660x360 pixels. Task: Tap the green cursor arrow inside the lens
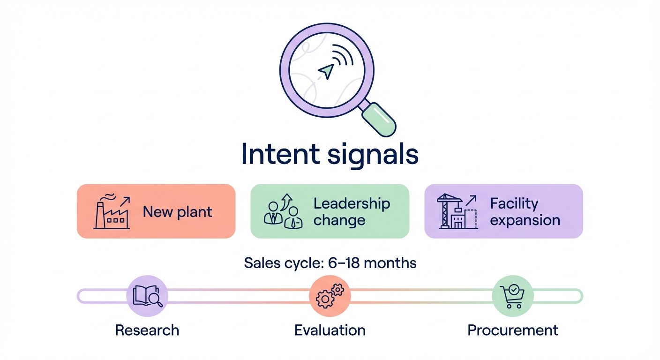pyautogui.click(x=326, y=71)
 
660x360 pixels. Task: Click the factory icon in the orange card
pyautogui.click(x=112, y=211)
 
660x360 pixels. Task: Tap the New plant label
pyautogui.click(x=177, y=212)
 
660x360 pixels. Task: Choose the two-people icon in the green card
pyautogui.click(x=283, y=212)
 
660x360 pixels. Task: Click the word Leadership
pyautogui.click(x=352, y=203)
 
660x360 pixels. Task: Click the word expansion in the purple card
pyautogui.click(x=525, y=220)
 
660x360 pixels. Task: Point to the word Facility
pyautogui.click(x=514, y=203)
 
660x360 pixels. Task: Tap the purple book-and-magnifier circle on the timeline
pyautogui.click(x=147, y=296)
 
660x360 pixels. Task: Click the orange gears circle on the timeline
pyautogui.click(x=330, y=296)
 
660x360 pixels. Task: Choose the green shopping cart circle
pyautogui.click(x=512, y=296)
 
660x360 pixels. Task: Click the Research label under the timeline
pyautogui.click(x=147, y=330)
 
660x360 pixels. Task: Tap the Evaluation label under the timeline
pyautogui.click(x=330, y=330)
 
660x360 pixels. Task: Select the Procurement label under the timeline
pyautogui.click(x=513, y=330)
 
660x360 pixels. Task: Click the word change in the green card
pyautogui.click(x=339, y=220)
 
